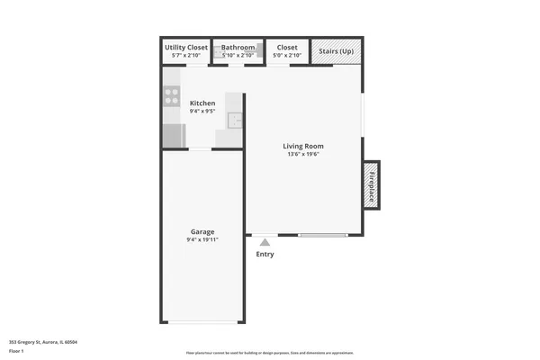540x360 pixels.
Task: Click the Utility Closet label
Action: (x=186, y=47)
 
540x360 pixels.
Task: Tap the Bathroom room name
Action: (x=238, y=47)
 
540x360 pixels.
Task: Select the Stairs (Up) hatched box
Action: (x=337, y=51)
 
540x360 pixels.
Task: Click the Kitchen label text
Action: (x=202, y=103)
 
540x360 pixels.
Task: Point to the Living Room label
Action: (x=303, y=146)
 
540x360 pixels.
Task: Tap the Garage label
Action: (x=202, y=232)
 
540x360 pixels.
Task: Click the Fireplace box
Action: (x=371, y=185)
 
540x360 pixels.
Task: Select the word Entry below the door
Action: (x=265, y=254)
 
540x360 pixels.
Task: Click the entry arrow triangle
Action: (x=264, y=241)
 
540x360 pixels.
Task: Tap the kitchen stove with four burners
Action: (x=171, y=94)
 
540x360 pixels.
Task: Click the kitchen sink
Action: (x=234, y=121)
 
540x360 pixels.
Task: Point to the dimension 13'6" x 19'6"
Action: (x=303, y=154)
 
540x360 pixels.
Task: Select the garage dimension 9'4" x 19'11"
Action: (x=202, y=240)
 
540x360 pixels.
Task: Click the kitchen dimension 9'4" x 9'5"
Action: (x=202, y=112)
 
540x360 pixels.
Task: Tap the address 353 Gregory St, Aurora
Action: (x=43, y=342)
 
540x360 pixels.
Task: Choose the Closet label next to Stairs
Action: (x=287, y=47)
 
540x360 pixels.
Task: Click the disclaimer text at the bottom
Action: (x=270, y=353)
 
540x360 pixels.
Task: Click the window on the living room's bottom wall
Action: (x=322, y=236)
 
